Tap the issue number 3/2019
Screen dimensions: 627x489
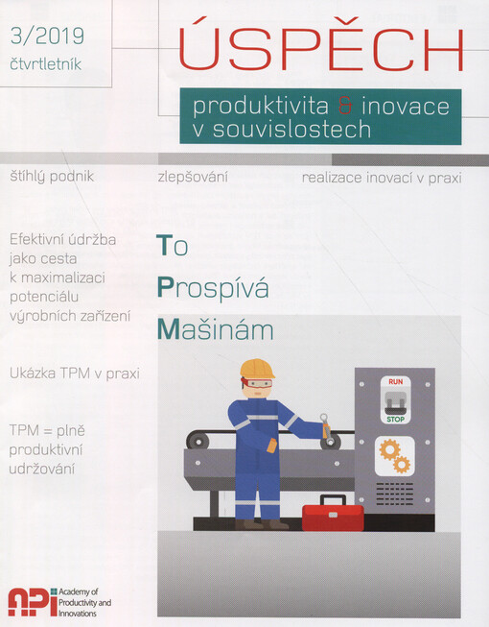click(x=46, y=36)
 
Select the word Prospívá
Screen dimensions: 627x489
click(x=213, y=287)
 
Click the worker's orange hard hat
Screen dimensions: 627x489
click(x=257, y=368)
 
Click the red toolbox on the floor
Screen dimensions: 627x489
click(x=332, y=515)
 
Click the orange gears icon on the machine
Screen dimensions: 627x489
click(x=393, y=455)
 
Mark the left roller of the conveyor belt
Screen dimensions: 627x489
click(x=198, y=442)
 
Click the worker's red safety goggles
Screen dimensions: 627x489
click(x=255, y=381)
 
